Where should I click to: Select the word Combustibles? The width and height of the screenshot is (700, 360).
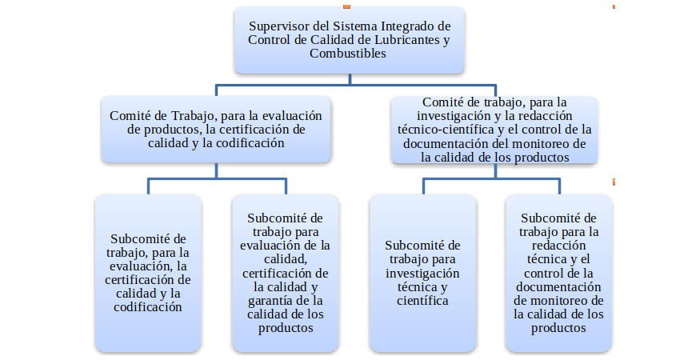[x=348, y=53]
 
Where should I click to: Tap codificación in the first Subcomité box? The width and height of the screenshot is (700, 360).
[x=148, y=307]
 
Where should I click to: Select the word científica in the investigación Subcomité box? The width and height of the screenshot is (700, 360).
[x=422, y=301]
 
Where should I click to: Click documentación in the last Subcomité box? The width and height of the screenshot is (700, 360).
[x=558, y=286]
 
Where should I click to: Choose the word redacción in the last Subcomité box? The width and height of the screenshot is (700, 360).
[x=558, y=246]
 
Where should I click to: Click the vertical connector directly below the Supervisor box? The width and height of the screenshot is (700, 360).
[x=350, y=79]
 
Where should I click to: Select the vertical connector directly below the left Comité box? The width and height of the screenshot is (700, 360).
[x=217, y=170]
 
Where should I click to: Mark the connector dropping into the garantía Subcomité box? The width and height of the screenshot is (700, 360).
[x=286, y=186]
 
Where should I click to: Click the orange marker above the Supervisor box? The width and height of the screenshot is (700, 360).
[x=346, y=6]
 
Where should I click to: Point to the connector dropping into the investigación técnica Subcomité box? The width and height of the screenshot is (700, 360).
[x=423, y=186]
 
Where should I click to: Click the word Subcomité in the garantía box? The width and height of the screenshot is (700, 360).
[x=285, y=218]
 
